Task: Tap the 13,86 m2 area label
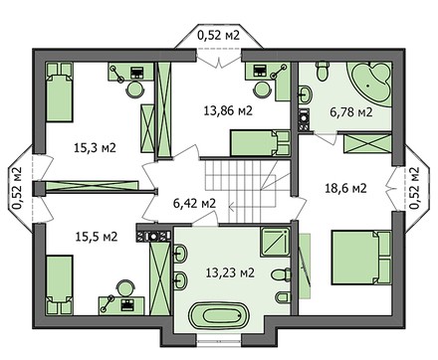point(228,110)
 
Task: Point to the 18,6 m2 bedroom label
point(345,187)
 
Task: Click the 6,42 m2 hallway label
point(194,203)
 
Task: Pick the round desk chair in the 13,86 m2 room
point(263,87)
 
